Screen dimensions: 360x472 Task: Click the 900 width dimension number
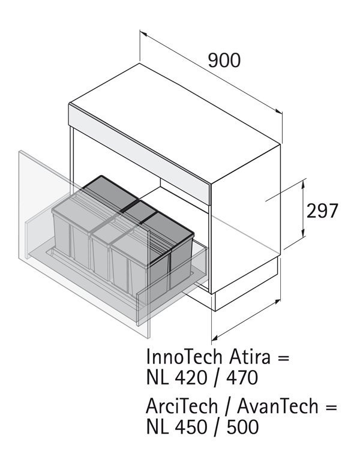[224, 60]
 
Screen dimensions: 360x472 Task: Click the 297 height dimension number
[322, 211]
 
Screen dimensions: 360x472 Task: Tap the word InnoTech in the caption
[184, 357]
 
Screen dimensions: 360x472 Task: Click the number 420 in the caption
[190, 377]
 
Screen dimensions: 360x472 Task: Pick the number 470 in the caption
[242, 377]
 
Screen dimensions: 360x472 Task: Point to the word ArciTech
[182, 406]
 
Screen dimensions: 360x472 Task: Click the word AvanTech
[278, 406]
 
